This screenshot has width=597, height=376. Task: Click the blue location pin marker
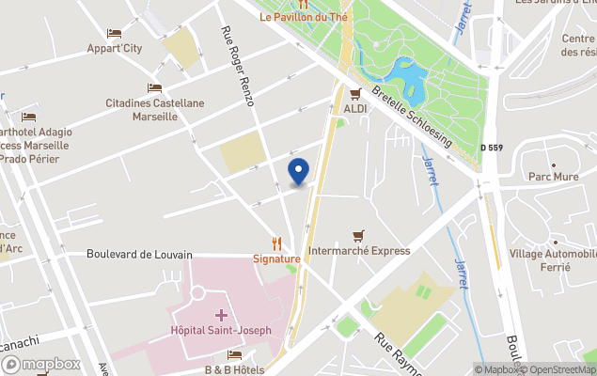pos(298,172)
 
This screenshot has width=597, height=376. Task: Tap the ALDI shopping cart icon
pos(355,93)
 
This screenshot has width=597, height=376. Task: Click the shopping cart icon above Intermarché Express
pos(357,236)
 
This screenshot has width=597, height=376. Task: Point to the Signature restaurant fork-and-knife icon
pos(276,243)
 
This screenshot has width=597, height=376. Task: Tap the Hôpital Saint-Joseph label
pos(220,330)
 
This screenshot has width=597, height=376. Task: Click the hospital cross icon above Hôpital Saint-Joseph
pos(220,314)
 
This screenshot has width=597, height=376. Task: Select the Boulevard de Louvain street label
pos(139,254)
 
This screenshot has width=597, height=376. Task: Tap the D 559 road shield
pos(492,148)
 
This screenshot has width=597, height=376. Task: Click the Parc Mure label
pos(552,176)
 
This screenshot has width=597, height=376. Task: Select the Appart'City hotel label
pos(114,48)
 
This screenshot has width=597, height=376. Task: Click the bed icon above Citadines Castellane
pos(154,87)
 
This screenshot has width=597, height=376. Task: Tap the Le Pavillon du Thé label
pos(304,17)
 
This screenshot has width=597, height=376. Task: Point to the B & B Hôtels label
pos(234,369)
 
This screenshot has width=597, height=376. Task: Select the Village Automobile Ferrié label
pos(553,260)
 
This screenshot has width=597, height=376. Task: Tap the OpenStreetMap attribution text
pos(560,369)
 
